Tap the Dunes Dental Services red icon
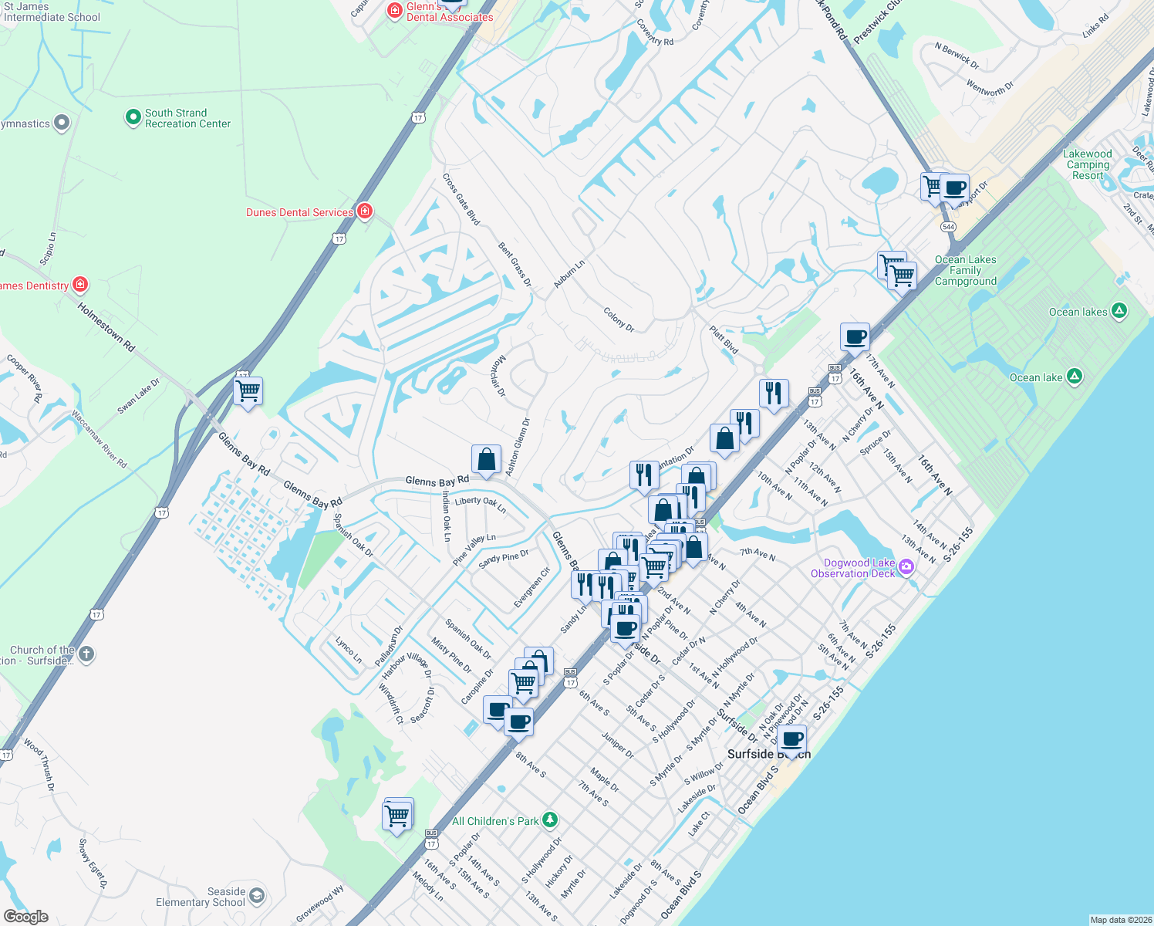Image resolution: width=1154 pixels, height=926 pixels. [365, 211]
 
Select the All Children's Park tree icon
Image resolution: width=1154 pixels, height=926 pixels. [549, 820]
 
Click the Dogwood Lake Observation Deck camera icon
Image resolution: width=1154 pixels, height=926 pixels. [906, 568]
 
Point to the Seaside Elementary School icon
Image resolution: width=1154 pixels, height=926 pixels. [257, 896]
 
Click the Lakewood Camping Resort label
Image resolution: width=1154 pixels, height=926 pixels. [1088, 164]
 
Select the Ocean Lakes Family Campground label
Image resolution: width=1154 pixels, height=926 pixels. [966, 270]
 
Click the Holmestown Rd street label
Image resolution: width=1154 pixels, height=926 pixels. [106, 327]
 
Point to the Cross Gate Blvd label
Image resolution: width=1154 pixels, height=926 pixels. [461, 199]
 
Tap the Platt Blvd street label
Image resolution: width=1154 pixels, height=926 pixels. [724, 340]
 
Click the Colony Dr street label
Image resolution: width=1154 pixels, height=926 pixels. [619, 319]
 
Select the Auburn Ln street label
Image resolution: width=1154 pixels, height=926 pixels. [569, 274]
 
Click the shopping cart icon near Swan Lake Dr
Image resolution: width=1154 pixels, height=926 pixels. [248, 391]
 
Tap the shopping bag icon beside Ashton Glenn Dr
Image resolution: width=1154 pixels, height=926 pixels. [487, 460]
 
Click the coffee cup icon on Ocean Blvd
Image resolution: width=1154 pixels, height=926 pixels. [791, 739]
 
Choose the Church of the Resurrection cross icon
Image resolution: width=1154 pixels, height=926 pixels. [86, 655]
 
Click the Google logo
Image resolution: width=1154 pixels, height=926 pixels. [25, 917]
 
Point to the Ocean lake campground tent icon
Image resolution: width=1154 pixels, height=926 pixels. [1075, 377]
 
